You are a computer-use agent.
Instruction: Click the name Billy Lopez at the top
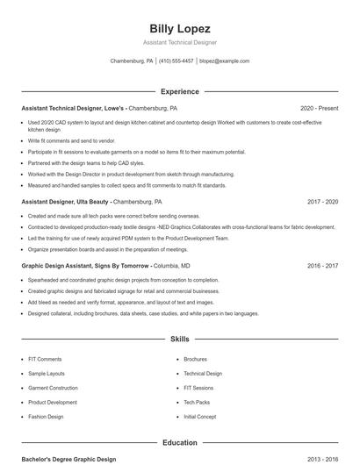(x=180, y=29)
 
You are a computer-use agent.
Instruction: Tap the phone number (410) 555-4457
(x=176, y=61)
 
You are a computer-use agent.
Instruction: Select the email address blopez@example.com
(x=225, y=61)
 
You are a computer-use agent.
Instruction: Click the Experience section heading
(x=180, y=91)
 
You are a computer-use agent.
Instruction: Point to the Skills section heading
(x=180, y=338)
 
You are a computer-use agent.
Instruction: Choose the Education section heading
(x=180, y=443)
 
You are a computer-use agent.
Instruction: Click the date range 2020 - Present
(x=319, y=108)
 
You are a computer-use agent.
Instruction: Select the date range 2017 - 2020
(x=322, y=202)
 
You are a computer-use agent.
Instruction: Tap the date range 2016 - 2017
(x=322, y=265)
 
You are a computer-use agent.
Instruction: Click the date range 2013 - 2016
(x=322, y=459)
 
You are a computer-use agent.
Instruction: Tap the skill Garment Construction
(x=53, y=388)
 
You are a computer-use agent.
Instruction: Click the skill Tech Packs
(x=197, y=402)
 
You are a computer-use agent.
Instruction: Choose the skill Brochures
(x=195, y=359)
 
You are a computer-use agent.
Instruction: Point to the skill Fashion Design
(x=46, y=416)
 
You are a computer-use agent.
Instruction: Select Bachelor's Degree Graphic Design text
(x=68, y=459)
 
